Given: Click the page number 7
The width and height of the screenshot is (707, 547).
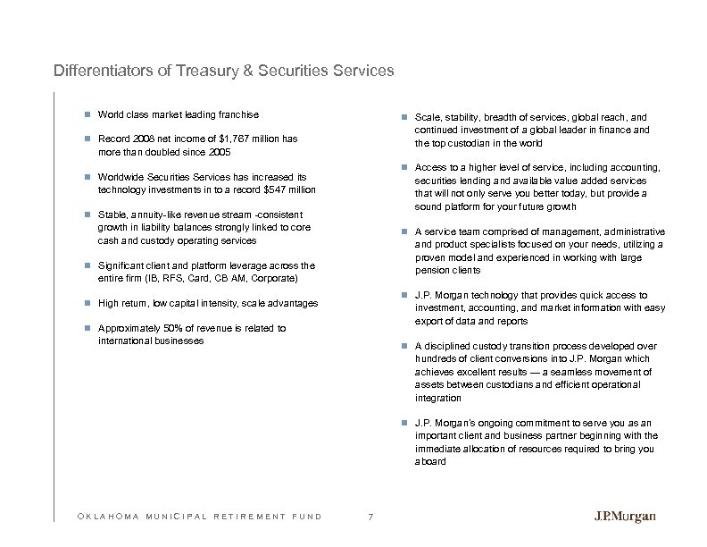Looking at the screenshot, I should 370,517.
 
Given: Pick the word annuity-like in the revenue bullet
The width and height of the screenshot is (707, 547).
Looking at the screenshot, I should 160,215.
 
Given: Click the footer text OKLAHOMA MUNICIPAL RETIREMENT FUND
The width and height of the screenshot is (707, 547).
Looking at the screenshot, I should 195,517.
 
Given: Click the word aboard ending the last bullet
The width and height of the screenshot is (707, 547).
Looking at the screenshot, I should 431,463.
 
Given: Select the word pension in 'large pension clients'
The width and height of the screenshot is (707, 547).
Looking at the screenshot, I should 433,270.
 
